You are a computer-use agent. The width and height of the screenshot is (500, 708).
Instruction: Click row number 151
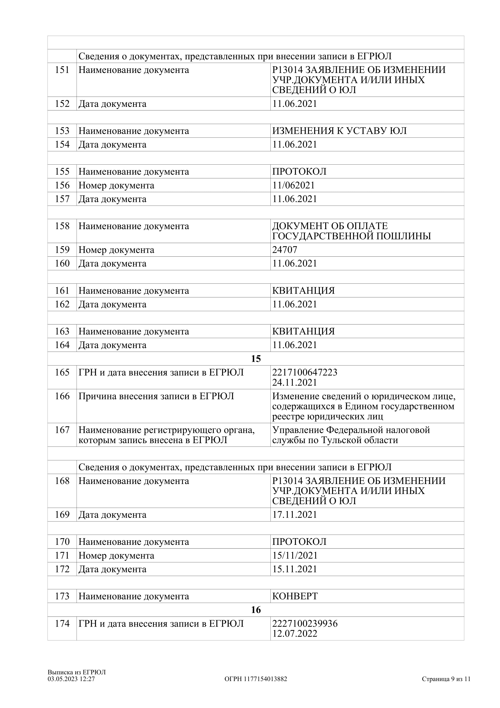[x=62, y=70]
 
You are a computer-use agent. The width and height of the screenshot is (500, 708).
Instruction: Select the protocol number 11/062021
[x=293, y=185]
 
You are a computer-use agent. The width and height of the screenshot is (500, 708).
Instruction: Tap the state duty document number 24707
[x=285, y=250]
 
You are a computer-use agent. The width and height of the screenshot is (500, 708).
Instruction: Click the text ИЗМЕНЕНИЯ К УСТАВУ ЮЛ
[x=339, y=131]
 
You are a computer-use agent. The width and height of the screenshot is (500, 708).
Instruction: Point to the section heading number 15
[x=256, y=359]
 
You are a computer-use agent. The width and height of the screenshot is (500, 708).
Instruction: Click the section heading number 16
[x=256, y=610]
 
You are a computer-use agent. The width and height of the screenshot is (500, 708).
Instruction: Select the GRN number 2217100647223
[x=305, y=373]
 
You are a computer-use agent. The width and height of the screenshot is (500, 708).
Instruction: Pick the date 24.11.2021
[x=295, y=383]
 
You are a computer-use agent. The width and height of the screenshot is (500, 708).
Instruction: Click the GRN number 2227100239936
[x=305, y=624]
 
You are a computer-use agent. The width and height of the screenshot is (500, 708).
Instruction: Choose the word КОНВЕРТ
[x=295, y=596]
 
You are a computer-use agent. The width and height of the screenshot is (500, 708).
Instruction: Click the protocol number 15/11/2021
[x=295, y=556]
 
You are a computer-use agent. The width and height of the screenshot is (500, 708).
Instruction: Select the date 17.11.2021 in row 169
[x=295, y=515]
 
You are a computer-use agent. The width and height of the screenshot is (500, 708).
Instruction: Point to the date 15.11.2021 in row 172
[x=295, y=569]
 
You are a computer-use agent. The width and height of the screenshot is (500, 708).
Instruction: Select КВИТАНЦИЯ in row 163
[x=303, y=331]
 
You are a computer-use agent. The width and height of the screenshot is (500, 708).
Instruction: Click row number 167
[x=62, y=430]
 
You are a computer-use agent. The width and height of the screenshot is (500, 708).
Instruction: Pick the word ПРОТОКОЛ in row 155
[x=299, y=171]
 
